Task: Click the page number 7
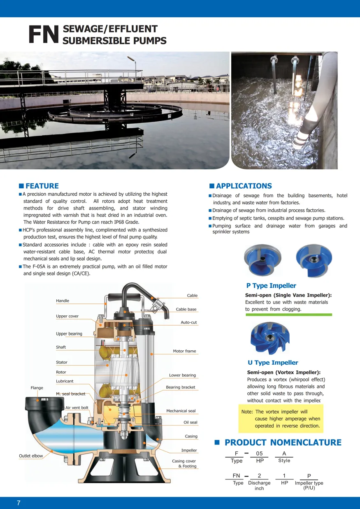point(19,503)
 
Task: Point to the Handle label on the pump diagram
point(63,301)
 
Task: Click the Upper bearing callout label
point(69,334)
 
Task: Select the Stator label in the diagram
point(62,362)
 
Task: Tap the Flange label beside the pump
point(37,388)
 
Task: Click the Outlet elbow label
point(31,456)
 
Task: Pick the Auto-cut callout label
point(189,322)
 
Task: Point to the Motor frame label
point(184,351)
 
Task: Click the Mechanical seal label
point(181,411)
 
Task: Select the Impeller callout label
point(189,451)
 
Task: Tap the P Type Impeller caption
point(271,286)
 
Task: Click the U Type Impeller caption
point(273,363)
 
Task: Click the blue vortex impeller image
point(270,338)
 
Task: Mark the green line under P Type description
point(288,315)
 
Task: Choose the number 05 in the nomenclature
point(259,453)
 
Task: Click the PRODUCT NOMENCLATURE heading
point(283,442)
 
